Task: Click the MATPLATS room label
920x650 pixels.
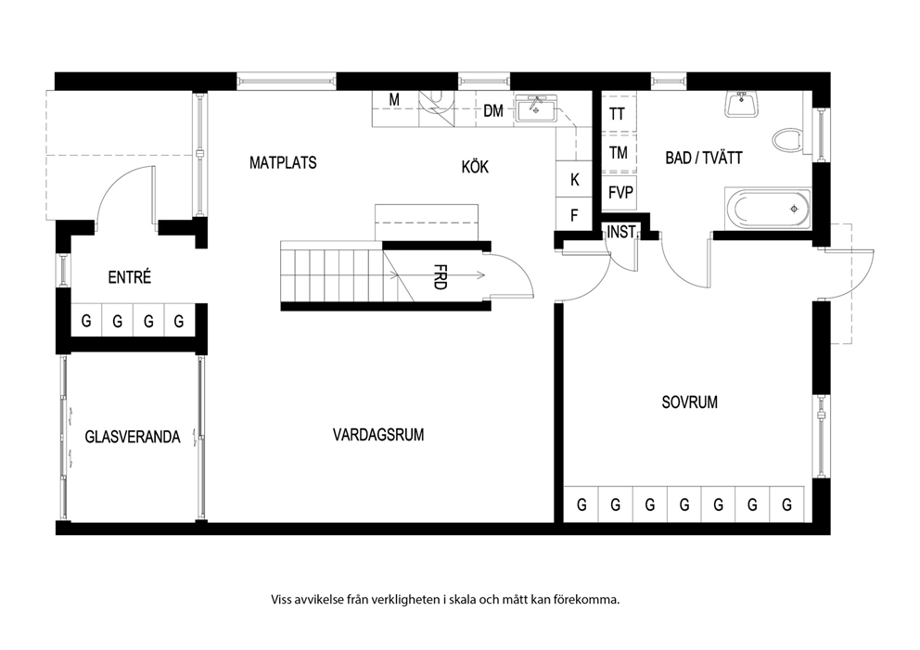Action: [283, 162]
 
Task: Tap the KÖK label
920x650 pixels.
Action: [475, 167]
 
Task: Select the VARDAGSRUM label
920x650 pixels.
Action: [378, 435]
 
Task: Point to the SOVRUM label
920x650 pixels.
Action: [689, 401]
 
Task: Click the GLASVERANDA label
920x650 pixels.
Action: [133, 437]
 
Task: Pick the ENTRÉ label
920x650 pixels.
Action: [130, 277]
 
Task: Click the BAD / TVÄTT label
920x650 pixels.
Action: [704, 158]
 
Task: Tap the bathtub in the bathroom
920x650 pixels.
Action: [768, 210]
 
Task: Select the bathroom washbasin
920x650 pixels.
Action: [742, 104]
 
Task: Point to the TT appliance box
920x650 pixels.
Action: [619, 113]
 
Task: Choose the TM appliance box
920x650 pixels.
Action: [619, 152]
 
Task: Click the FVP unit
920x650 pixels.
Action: [619, 193]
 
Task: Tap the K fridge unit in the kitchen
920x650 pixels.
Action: [574, 180]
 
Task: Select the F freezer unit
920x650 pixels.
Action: [574, 215]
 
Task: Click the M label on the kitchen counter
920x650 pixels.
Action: [394, 100]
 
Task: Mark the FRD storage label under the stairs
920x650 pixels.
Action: [440, 277]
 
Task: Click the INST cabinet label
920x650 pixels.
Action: [620, 233]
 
